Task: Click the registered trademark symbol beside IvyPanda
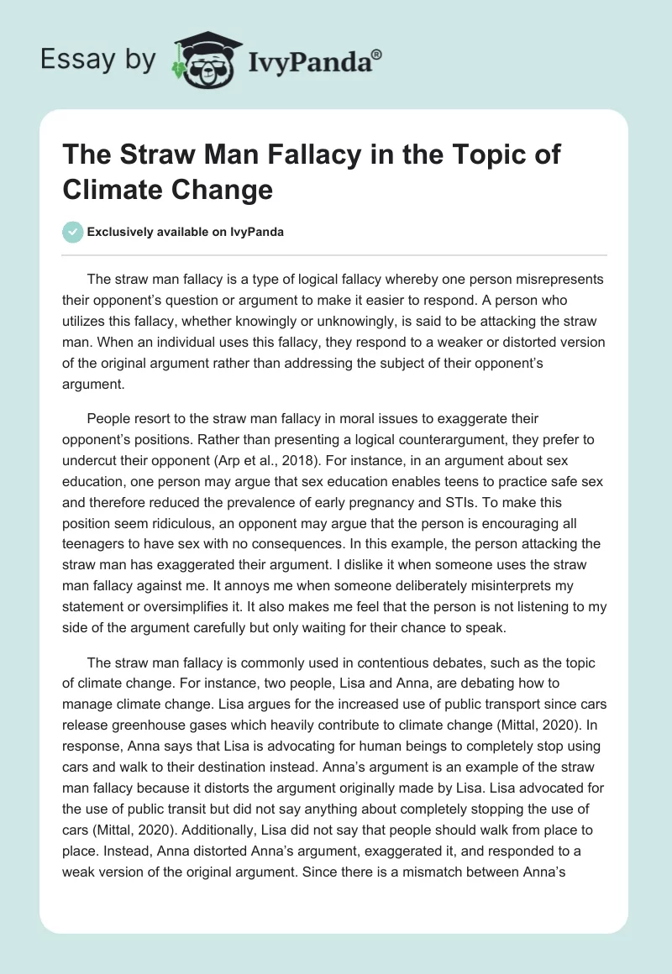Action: (377, 54)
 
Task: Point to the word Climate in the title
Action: (115, 189)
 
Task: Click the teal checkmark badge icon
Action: (74, 232)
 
